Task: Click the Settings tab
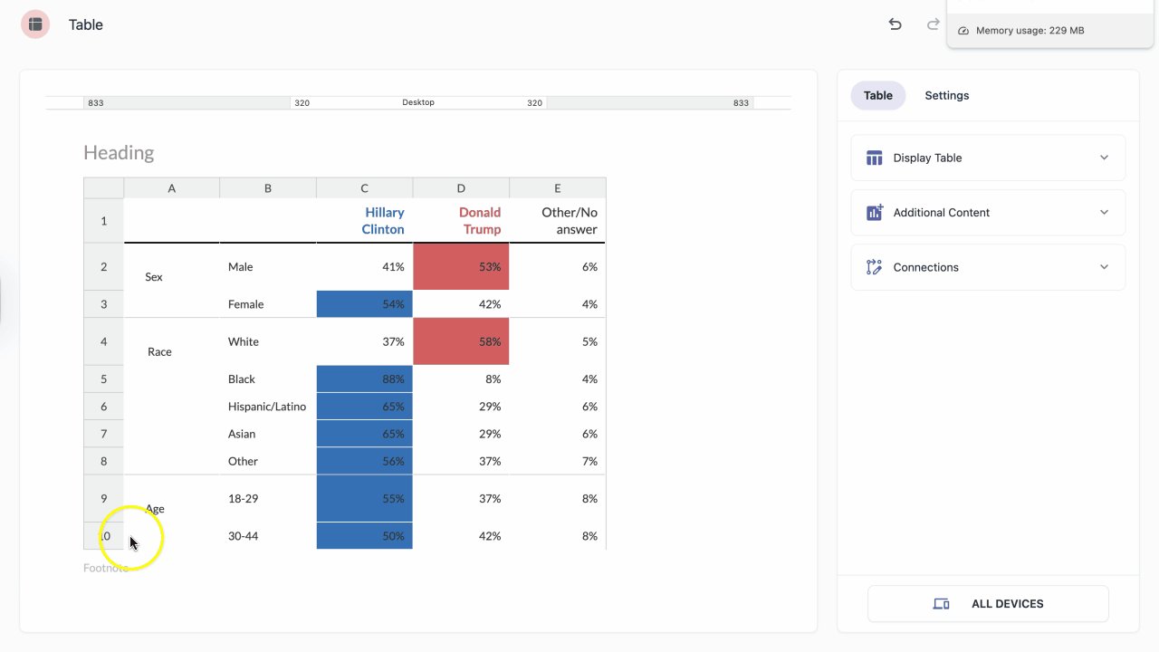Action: click(x=946, y=95)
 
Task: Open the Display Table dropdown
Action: click(x=988, y=158)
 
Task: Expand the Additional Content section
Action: click(x=988, y=213)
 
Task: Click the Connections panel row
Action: click(x=988, y=267)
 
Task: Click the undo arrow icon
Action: click(x=896, y=24)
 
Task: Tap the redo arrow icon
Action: click(x=933, y=24)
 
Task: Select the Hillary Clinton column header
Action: click(x=383, y=221)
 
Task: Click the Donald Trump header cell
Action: click(x=480, y=221)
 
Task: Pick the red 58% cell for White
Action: click(x=461, y=341)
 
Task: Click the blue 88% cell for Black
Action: click(x=365, y=379)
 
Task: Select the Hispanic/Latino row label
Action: click(x=267, y=407)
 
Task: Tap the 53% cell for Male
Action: click(x=461, y=266)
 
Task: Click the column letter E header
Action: click(x=557, y=188)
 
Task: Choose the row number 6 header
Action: click(x=103, y=407)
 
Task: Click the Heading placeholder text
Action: click(x=119, y=153)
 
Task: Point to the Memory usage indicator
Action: click(x=1023, y=31)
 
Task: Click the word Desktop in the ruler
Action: click(x=418, y=102)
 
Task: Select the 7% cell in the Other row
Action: click(x=589, y=461)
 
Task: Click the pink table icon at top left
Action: click(x=35, y=24)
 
